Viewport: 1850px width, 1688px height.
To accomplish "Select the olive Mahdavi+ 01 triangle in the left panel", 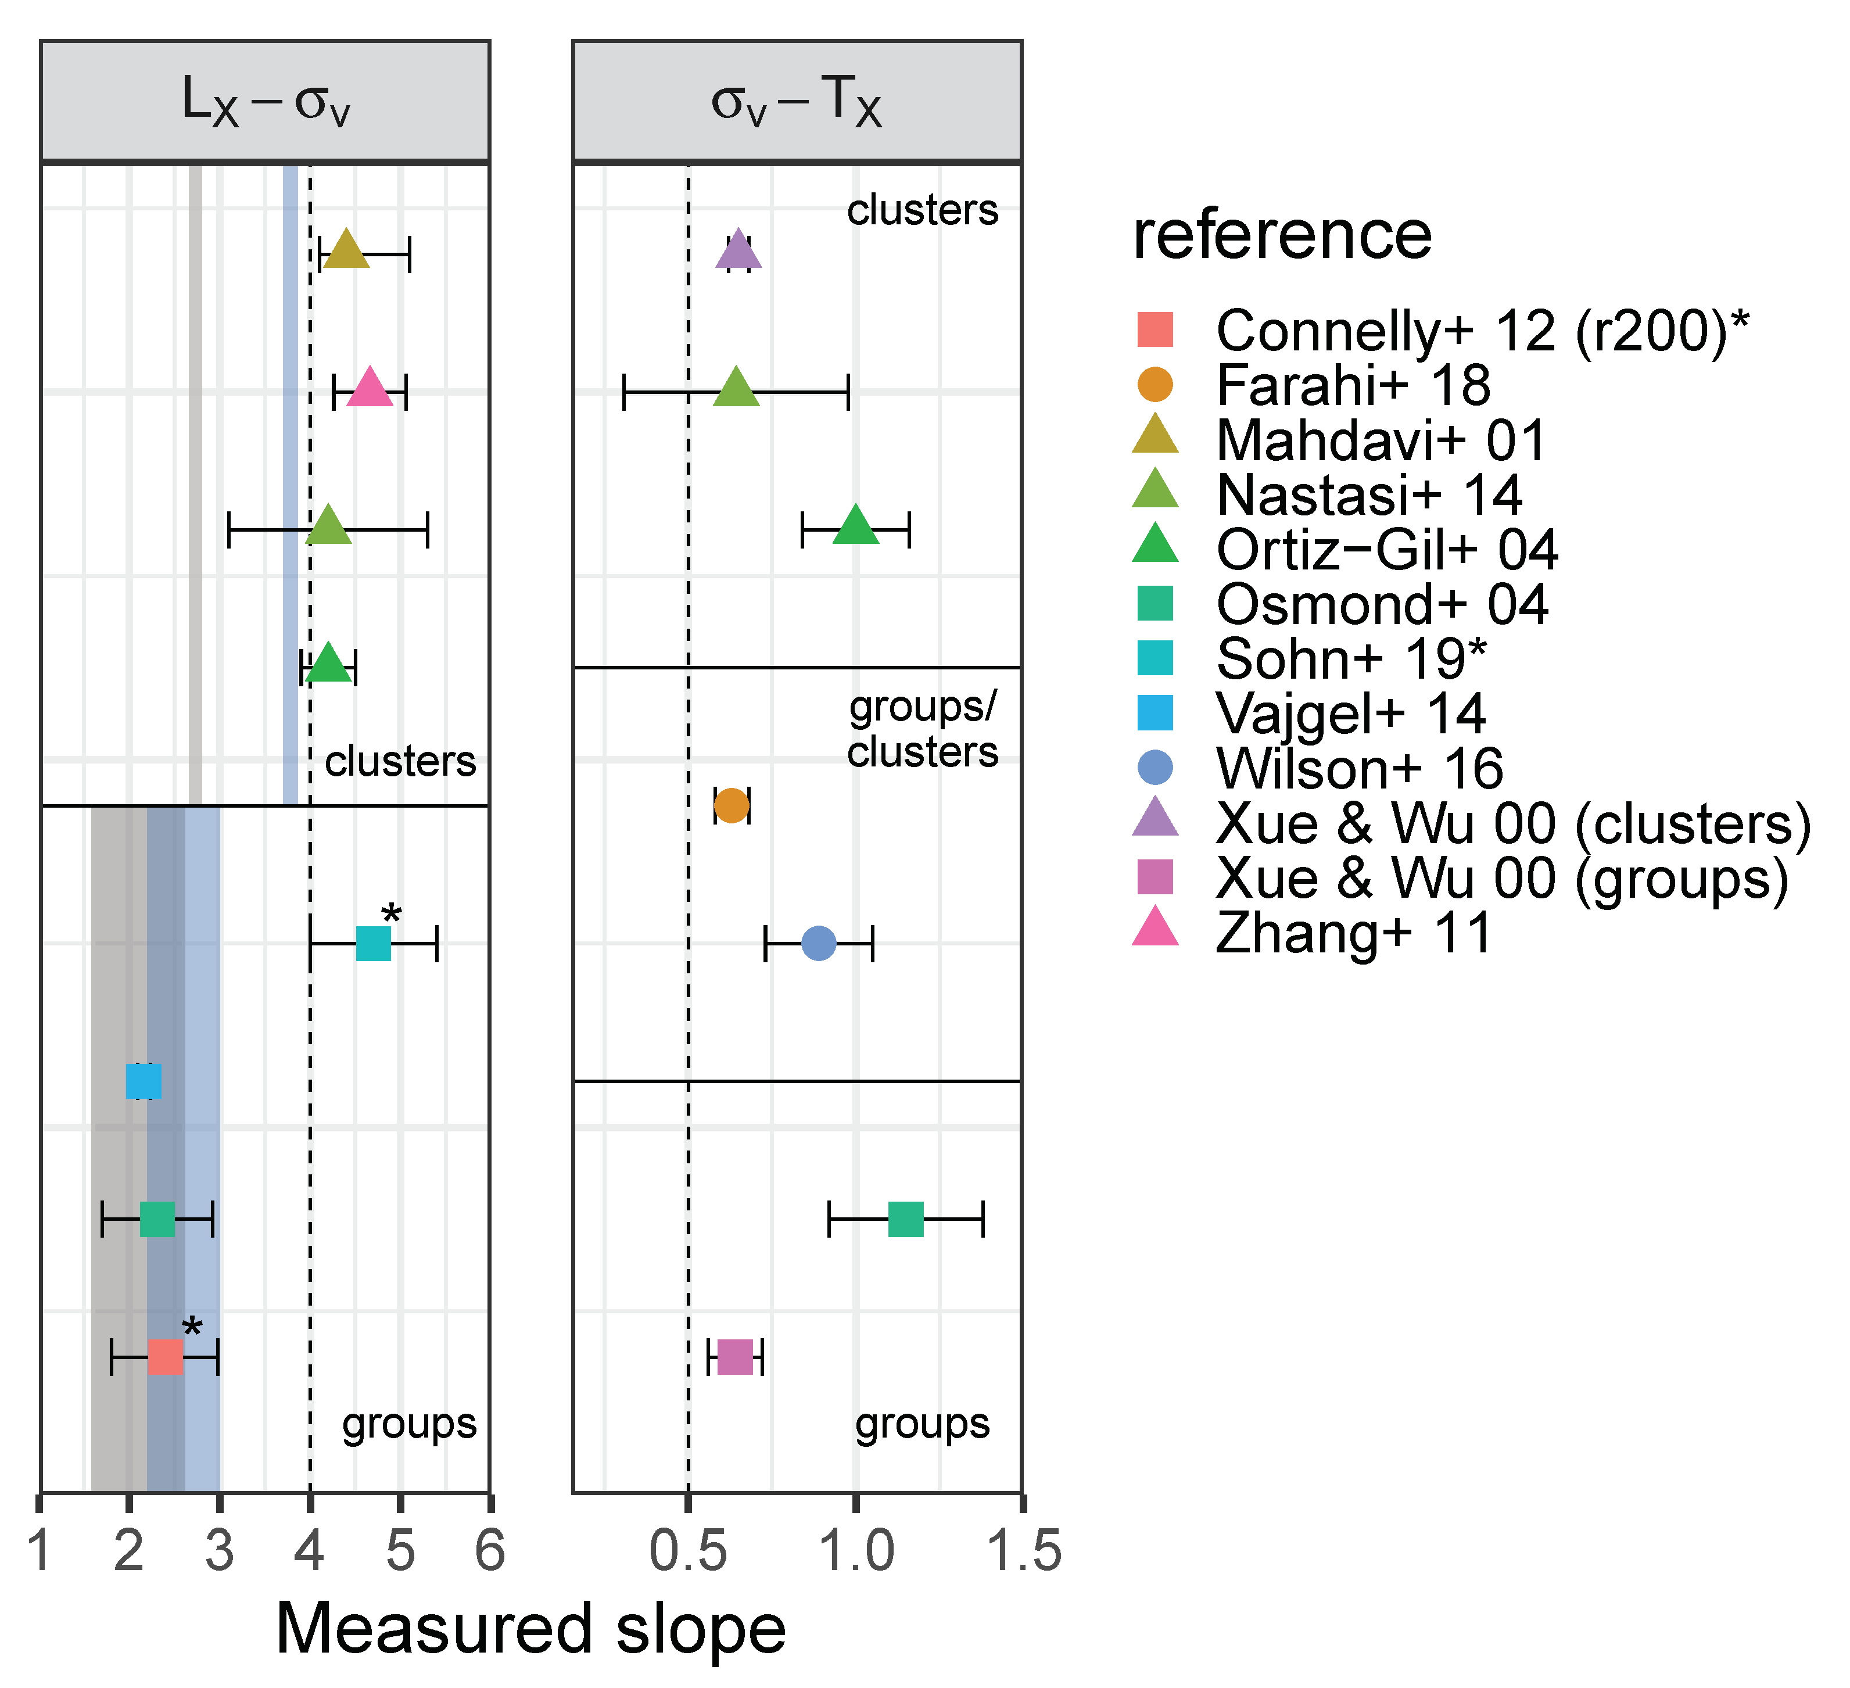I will click(x=346, y=250).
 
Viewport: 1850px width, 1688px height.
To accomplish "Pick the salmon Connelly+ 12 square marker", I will click(x=165, y=1357).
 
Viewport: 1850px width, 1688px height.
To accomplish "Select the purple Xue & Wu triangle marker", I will click(x=738, y=250).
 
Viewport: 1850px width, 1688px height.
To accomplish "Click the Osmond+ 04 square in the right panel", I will click(x=906, y=1219).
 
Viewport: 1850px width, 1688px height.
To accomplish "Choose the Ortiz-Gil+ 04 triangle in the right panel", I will click(x=855, y=526).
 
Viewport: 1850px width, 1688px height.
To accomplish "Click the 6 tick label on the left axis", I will click(x=490, y=1552).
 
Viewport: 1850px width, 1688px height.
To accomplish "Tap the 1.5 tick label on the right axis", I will click(x=1022, y=1552).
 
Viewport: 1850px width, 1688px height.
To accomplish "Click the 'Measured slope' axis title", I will click(x=530, y=1629).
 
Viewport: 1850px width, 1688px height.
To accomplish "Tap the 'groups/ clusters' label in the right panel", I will click(x=922, y=729).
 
